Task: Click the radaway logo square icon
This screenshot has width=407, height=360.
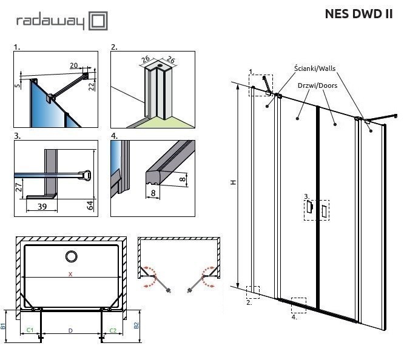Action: pyautogui.click(x=99, y=21)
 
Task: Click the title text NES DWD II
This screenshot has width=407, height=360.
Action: pyautogui.click(x=358, y=15)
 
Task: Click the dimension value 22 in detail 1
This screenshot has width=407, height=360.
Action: pyautogui.click(x=92, y=86)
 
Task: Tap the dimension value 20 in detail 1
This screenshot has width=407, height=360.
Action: pyautogui.click(x=74, y=65)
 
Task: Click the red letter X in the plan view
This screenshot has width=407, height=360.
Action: pyautogui.click(x=70, y=274)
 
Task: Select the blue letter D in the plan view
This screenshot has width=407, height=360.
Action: pyautogui.click(x=70, y=330)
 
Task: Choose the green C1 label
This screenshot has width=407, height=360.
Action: pyautogui.click(x=30, y=330)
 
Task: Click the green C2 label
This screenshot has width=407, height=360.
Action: pyautogui.click(x=113, y=330)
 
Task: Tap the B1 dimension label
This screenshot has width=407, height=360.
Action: pyautogui.click(x=4, y=325)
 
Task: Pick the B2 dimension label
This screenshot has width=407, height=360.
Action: pyautogui.click(x=136, y=325)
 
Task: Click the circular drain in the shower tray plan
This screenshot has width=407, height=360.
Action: pyautogui.click(x=71, y=256)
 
